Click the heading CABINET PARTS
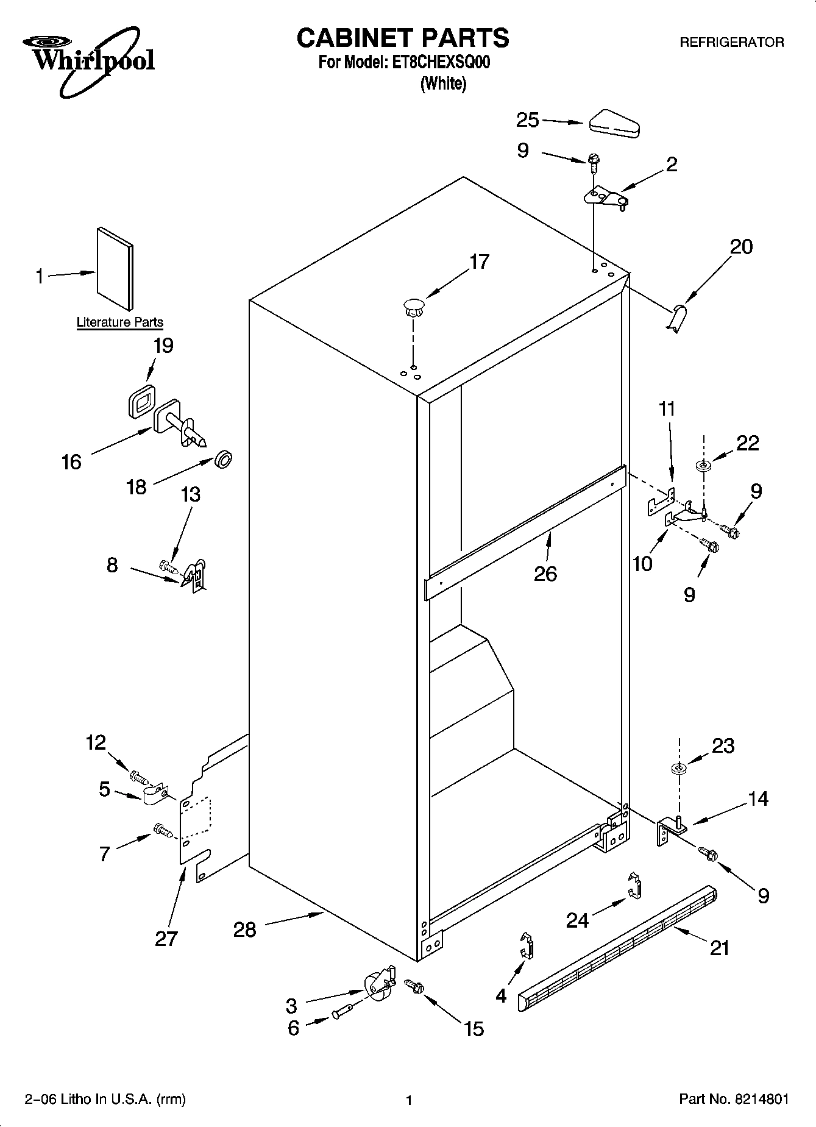point(402,38)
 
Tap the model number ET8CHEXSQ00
point(439,63)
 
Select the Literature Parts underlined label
point(119,322)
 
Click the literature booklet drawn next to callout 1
point(115,269)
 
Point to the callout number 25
point(527,120)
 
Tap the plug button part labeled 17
point(413,306)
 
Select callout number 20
point(741,247)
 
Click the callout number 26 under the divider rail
point(545,574)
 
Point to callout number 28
point(244,930)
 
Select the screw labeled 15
point(415,986)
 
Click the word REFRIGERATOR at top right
point(731,43)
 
